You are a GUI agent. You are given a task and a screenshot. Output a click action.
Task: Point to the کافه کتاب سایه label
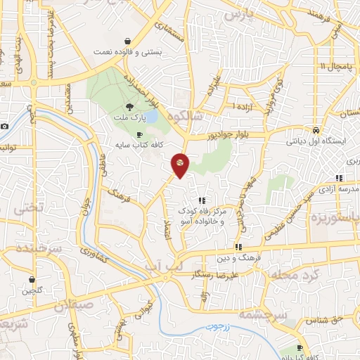[140, 144]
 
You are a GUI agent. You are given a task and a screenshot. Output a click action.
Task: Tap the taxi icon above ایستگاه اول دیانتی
[316, 130]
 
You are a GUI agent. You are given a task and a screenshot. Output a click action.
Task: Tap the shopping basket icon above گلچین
[32, 278]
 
